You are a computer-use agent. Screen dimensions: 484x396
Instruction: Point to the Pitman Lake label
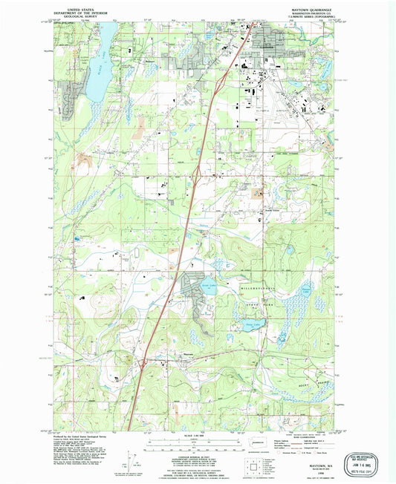point(307,291)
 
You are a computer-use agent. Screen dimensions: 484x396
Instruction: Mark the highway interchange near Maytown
point(141,363)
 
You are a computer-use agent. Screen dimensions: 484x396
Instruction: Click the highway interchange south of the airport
point(197,174)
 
